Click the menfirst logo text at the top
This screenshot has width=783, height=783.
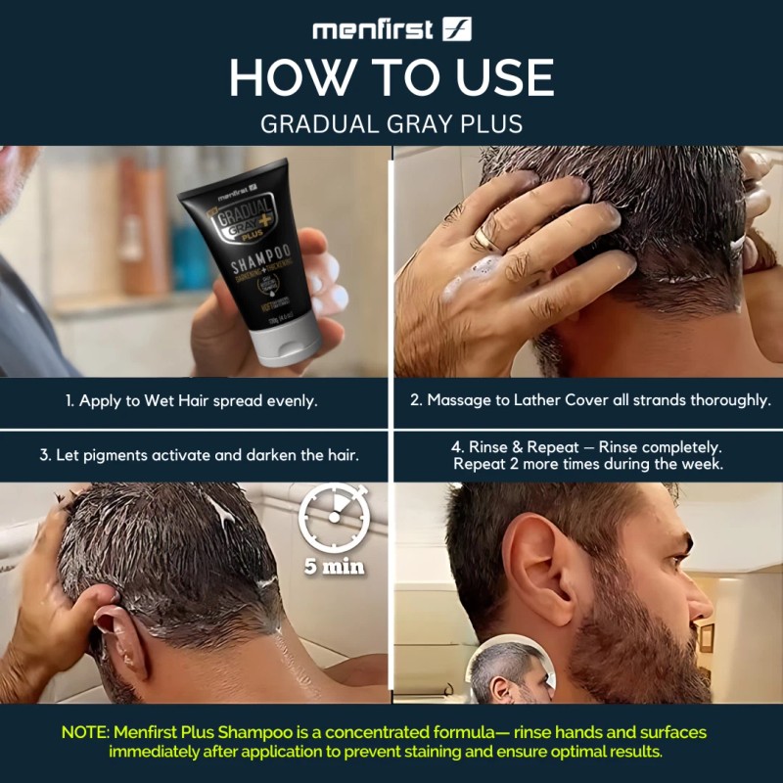click(372, 29)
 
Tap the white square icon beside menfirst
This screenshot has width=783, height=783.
click(456, 29)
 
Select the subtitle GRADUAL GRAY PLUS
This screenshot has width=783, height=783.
click(391, 124)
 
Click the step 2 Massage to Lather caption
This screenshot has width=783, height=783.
click(587, 401)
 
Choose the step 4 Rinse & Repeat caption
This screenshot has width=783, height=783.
click(587, 455)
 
